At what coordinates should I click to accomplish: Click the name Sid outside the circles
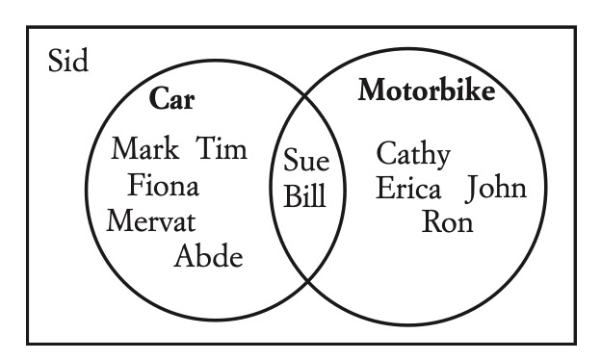68,60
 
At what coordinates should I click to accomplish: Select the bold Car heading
171,98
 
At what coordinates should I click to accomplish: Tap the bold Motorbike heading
427,90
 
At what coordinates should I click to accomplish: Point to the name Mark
144,148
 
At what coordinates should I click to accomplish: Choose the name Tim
222,148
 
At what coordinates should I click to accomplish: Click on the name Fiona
164,185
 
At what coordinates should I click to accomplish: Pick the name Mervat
151,220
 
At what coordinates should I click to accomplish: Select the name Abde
208,255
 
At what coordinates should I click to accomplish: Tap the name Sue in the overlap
306,160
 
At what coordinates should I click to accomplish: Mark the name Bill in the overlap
304,195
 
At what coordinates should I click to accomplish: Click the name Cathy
413,154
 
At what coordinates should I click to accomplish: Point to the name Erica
408,188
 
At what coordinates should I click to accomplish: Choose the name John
496,188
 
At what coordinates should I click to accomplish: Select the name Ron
447,221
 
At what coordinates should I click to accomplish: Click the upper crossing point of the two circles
305,95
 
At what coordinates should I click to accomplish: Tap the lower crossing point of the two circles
308,281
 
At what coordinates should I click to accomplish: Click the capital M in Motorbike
372,90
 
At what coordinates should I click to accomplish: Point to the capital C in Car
158,98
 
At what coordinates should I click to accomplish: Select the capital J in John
471,188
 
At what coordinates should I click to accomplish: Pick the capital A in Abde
184,256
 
